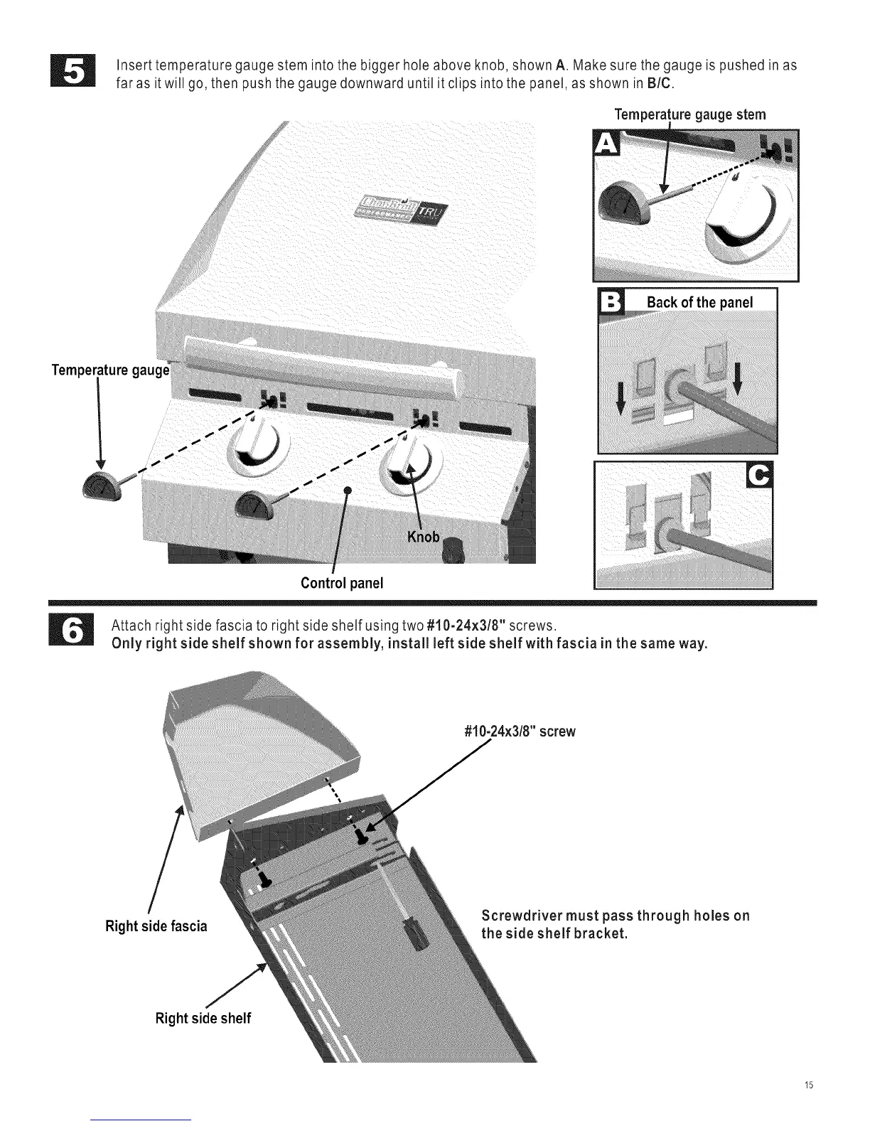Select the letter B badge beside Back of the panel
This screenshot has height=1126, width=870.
pos(610,301)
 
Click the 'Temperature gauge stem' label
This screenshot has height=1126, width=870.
pos(690,114)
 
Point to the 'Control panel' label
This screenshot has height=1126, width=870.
pos(342,583)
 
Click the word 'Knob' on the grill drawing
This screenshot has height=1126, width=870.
pos(423,537)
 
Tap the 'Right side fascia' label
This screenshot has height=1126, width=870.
pos(156,926)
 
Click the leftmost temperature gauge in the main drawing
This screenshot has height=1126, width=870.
pos(100,486)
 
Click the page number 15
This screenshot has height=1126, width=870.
pos(808,1106)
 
